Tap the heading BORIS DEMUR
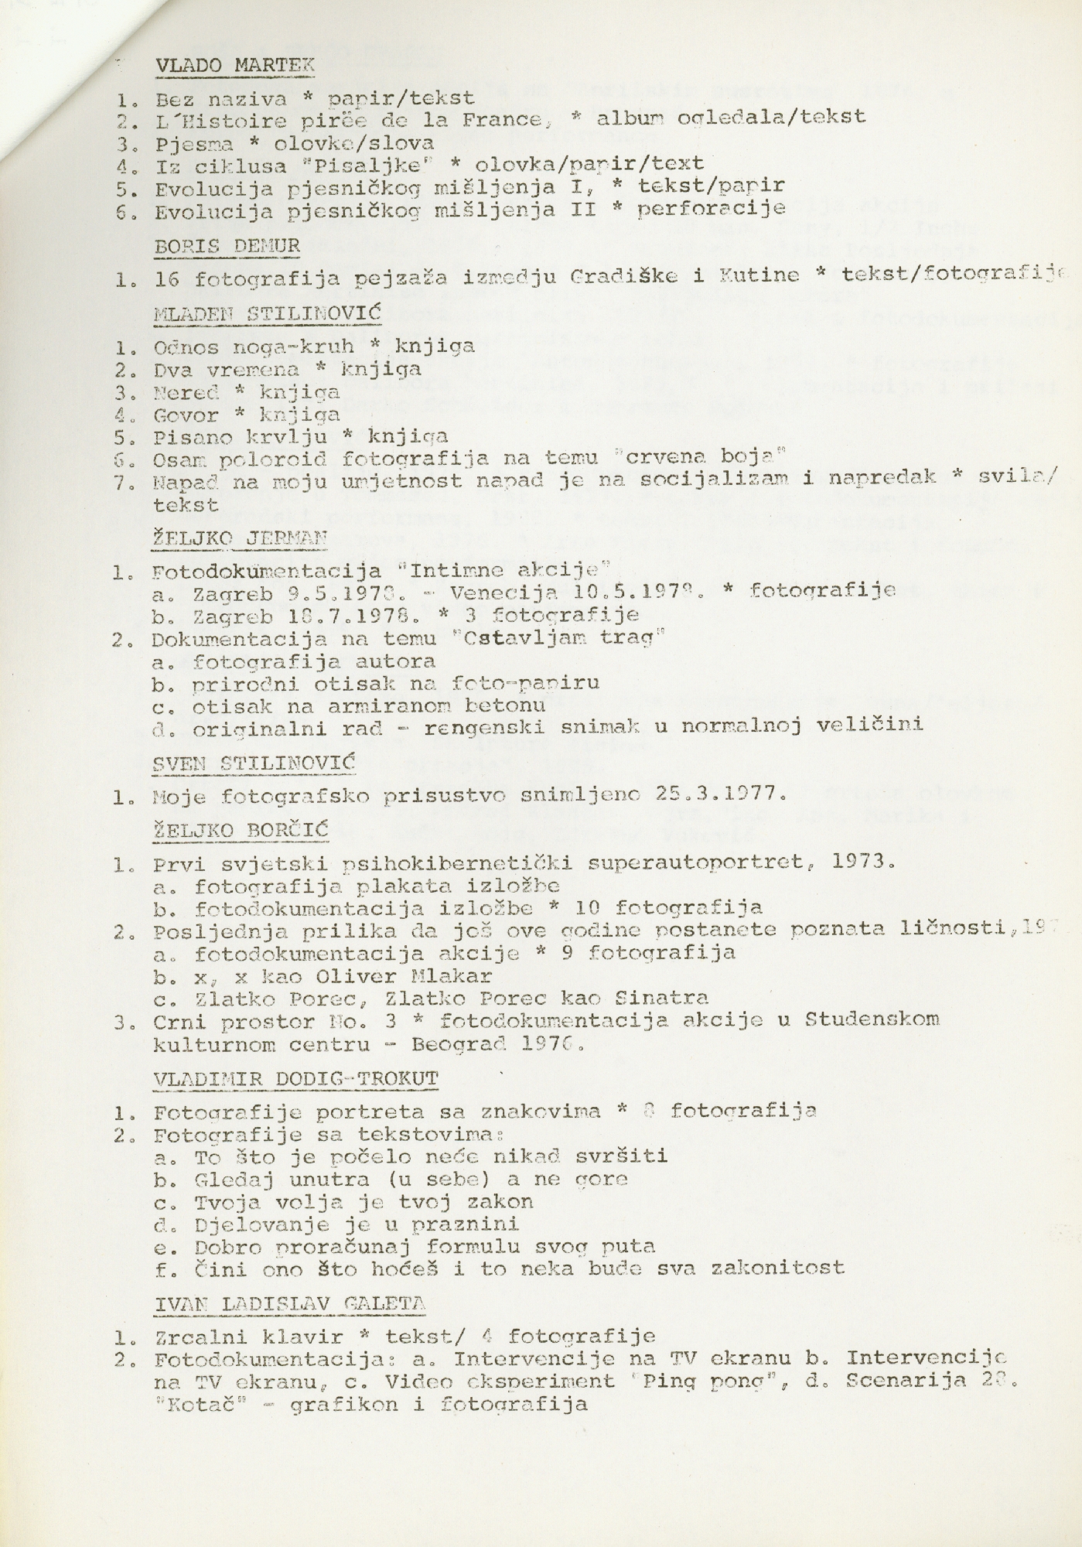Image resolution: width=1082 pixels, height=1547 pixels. [x=227, y=247]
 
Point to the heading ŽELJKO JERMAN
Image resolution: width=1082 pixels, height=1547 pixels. [x=241, y=538]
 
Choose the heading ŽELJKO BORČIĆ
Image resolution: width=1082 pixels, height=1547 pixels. [x=241, y=831]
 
